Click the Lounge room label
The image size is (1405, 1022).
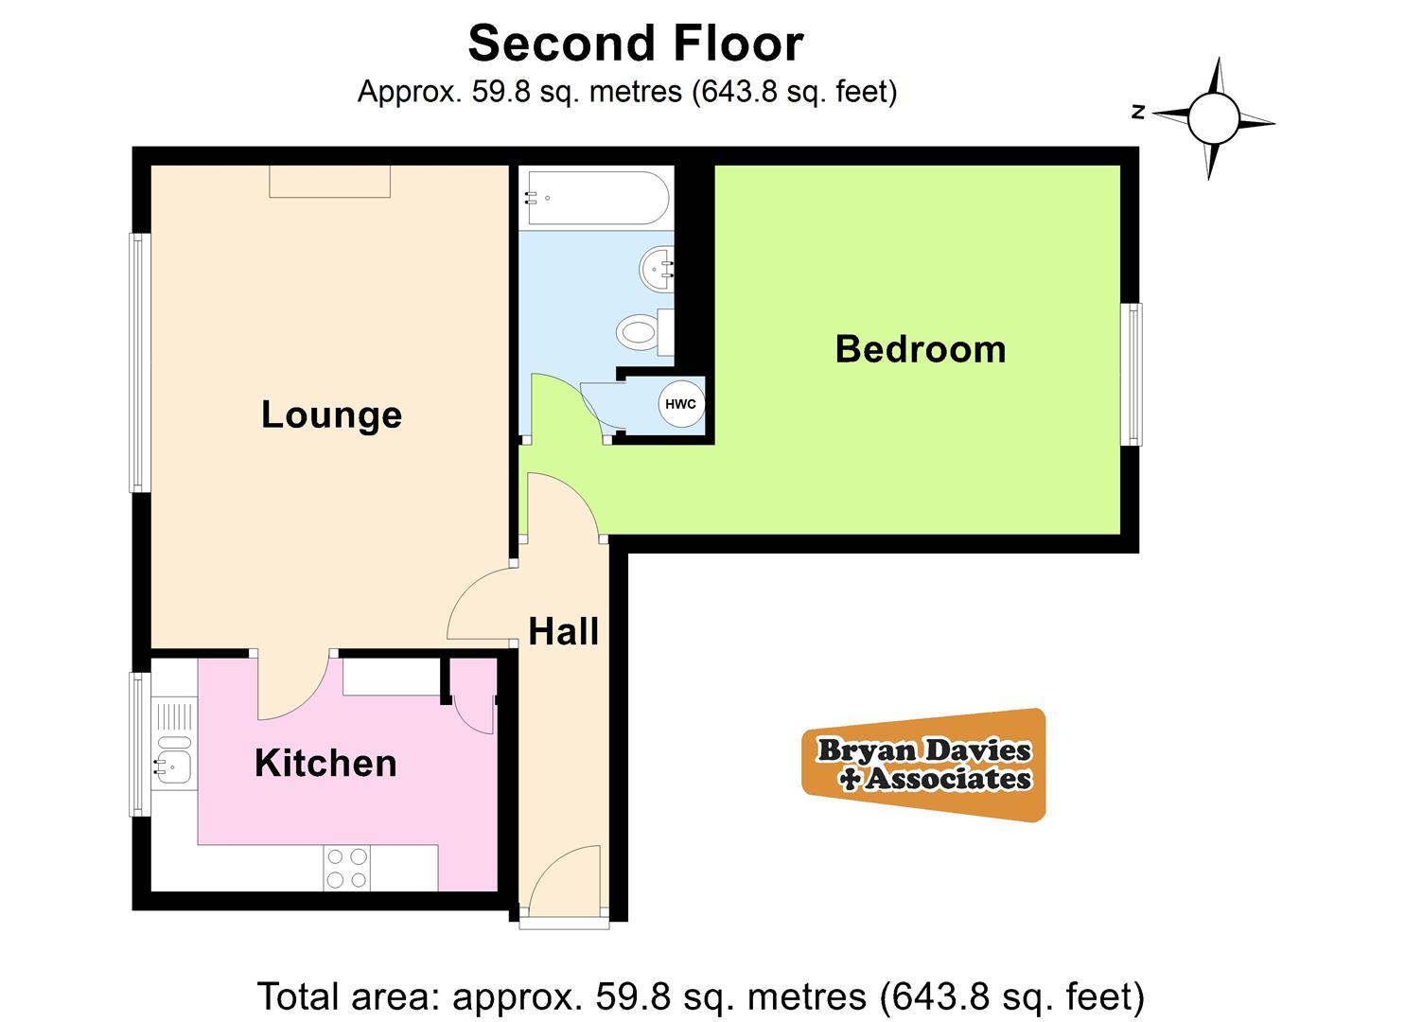pyautogui.click(x=331, y=415)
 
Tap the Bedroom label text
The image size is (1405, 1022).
pyautogui.click(x=921, y=349)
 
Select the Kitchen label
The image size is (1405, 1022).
pyautogui.click(x=325, y=764)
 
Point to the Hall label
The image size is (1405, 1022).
pyautogui.click(x=563, y=631)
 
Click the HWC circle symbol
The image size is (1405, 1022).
pyautogui.click(x=680, y=404)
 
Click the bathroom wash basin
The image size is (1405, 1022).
pyautogui.click(x=656, y=269)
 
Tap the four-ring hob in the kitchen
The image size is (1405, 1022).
pyautogui.click(x=347, y=868)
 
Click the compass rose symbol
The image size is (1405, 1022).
pyautogui.click(x=1213, y=118)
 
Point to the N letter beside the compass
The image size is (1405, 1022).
pyautogui.click(x=1138, y=113)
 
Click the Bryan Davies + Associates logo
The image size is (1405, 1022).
pyautogui.click(x=923, y=765)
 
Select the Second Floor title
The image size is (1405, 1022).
pyautogui.click(x=636, y=44)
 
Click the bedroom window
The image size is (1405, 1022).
pyautogui.click(x=1131, y=375)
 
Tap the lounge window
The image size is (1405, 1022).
pyautogui.click(x=139, y=362)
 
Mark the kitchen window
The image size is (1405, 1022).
pyautogui.click(x=139, y=745)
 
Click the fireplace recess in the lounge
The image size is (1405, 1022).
pyautogui.click(x=330, y=182)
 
